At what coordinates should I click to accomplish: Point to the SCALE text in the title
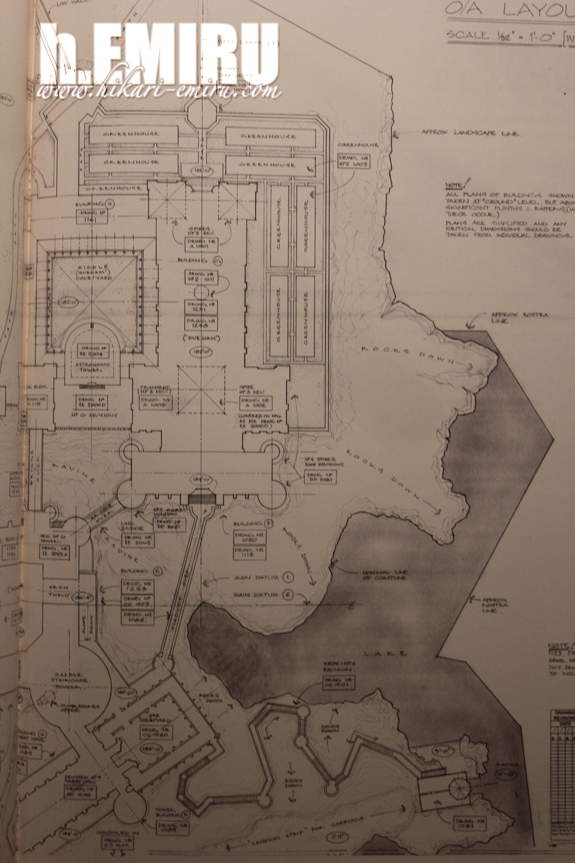click(465, 36)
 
